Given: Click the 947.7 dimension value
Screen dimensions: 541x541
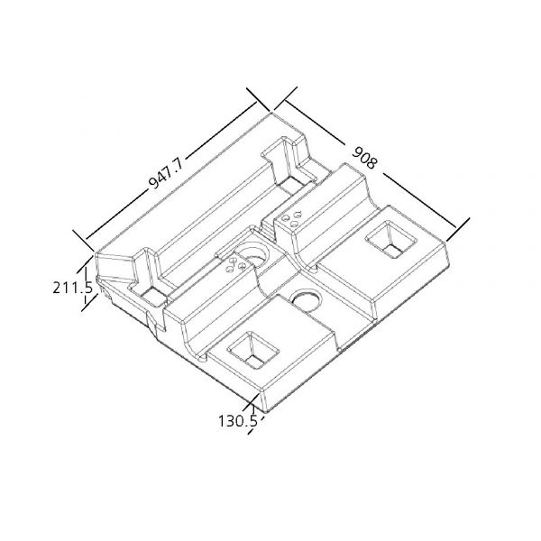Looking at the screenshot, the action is click(x=167, y=174).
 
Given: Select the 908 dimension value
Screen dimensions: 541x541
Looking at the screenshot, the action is click(x=364, y=157).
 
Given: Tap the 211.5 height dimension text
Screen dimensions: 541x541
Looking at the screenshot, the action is click(x=73, y=288).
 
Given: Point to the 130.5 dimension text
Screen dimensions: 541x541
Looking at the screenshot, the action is click(x=238, y=421).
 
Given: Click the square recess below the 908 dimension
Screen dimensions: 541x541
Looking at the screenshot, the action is click(x=391, y=240).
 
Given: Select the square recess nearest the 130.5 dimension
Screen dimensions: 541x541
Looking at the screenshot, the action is click(x=252, y=351).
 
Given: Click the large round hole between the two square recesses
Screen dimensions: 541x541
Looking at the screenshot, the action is click(x=306, y=300).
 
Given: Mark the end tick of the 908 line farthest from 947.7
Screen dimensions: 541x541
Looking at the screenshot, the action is click(x=458, y=229).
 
